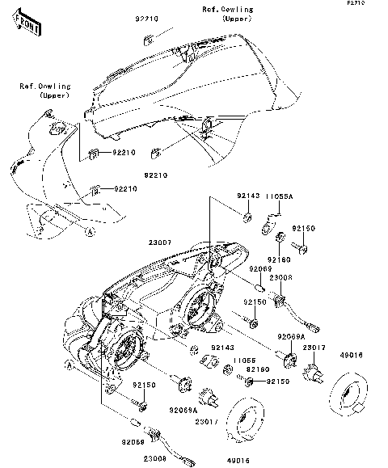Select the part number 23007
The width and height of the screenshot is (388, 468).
tap(160, 242)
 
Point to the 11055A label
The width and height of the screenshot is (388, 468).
tap(279, 196)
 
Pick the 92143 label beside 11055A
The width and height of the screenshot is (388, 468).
tap(247, 196)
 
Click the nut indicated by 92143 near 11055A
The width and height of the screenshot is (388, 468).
tap(248, 217)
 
